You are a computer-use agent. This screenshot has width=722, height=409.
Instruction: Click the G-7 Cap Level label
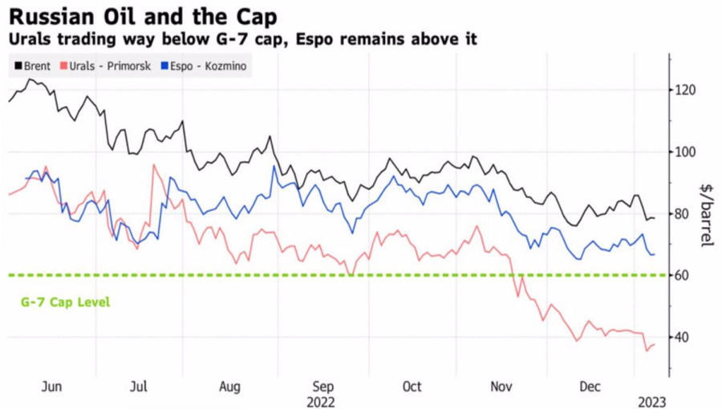click(x=65, y=302)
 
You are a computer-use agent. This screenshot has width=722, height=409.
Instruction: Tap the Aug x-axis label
click(x=229, y=387)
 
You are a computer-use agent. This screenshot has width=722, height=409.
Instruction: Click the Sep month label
click(x=321, y=387)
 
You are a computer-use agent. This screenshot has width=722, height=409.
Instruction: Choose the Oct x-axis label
click(x=411, y=387)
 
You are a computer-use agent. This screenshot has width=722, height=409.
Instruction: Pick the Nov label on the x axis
click(x=501, y=387)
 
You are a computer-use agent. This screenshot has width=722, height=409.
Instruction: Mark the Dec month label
click(x=590, y=387)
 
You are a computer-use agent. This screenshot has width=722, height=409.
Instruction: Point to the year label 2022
click(x=321, y=401)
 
